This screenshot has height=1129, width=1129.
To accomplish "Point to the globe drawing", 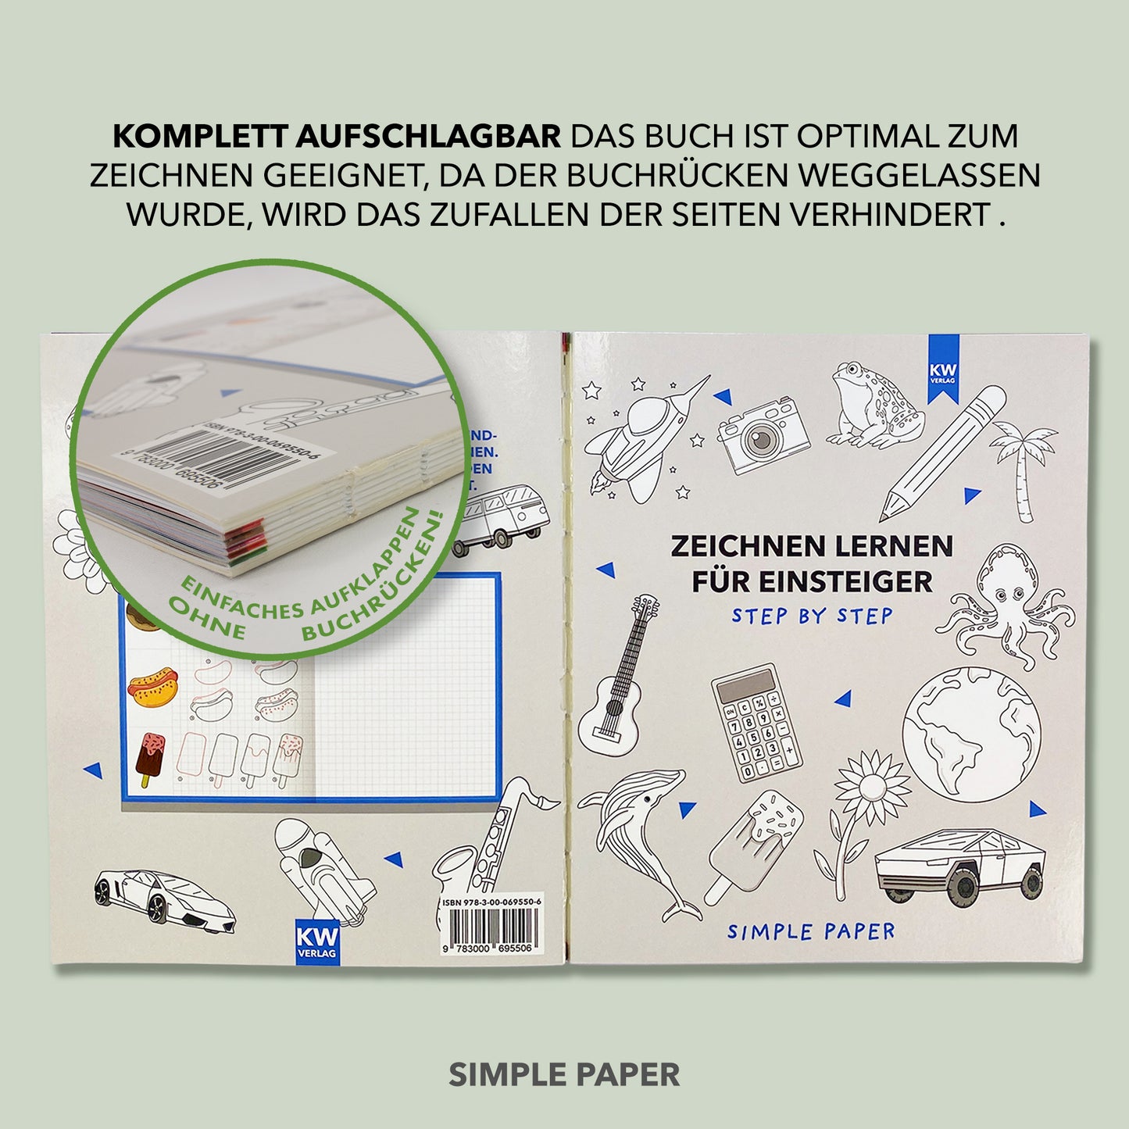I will coord(972,737).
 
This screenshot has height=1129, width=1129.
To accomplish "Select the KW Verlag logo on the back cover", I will coord(317,941).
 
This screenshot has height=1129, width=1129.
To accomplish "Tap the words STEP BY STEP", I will coord(812,616).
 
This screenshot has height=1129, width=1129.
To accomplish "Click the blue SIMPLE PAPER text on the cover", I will coord(811,931).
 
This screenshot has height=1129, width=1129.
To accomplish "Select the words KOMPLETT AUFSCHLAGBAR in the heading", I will coord(337,136).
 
